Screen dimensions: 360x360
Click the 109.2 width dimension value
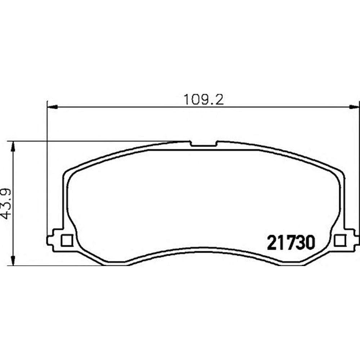tap(203, 100)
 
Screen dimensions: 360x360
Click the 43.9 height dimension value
tap(6, 204)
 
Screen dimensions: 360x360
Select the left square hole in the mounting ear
tap(67, 240)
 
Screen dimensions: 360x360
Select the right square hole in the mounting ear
tap(340, 240)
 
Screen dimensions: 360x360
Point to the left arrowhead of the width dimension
tap(52, 107)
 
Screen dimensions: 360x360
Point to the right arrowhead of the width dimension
tap(354, 107)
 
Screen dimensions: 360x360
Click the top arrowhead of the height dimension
tap(13, 147)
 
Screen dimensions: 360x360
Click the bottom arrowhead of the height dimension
tap(13, 260)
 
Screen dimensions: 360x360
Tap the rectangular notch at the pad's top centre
tap(204, 144)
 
